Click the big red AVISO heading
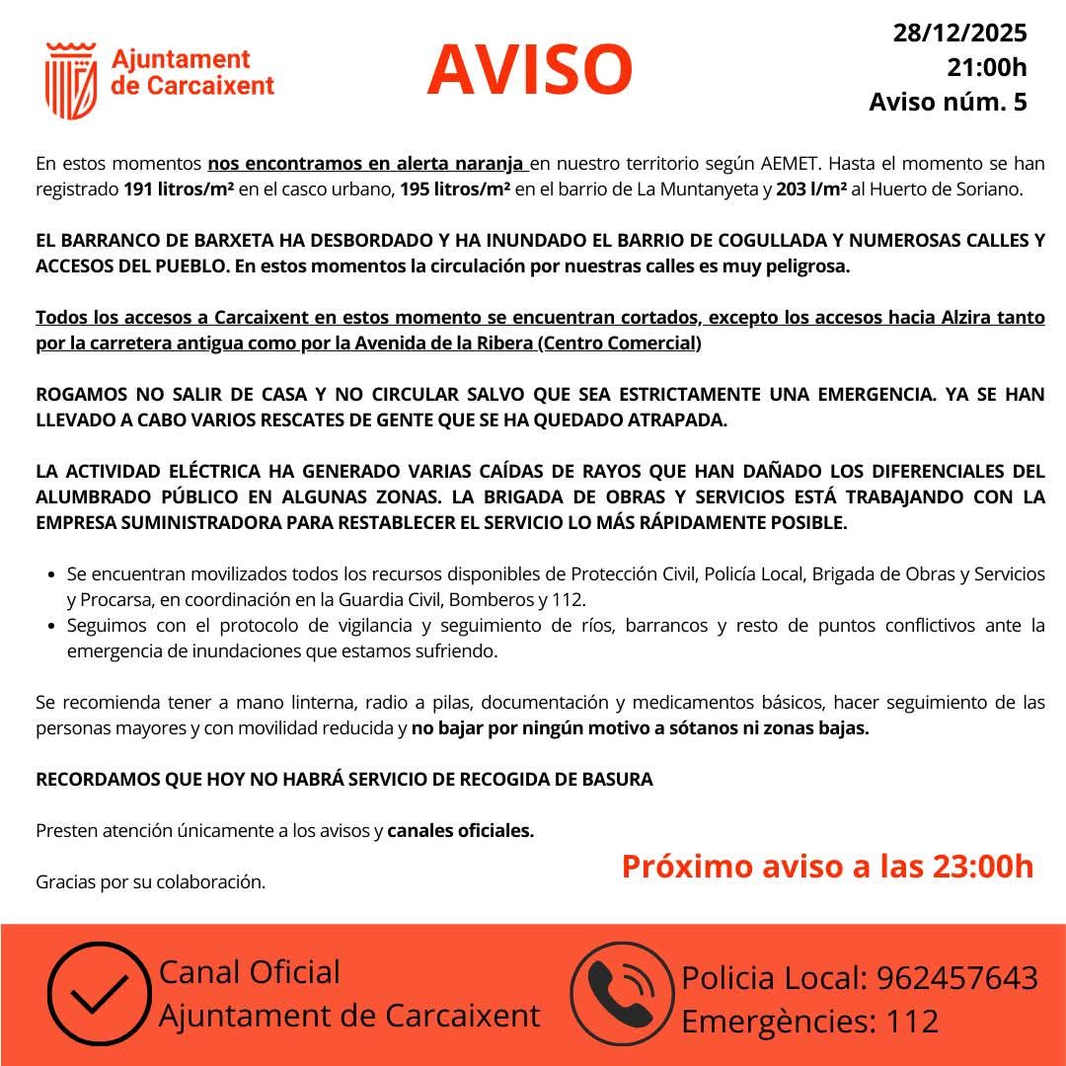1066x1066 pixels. point(530,69)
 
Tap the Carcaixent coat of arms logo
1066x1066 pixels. point(71,80)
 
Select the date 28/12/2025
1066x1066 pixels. point(959,34)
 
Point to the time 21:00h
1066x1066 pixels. point(986,67)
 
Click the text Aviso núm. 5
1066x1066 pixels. point(948,102)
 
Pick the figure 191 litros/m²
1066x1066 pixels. point(179,190)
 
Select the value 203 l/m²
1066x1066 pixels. point(811,190)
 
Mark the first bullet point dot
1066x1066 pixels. point(50,573)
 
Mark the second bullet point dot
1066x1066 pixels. point(50,626)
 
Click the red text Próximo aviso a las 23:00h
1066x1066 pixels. point(827,867)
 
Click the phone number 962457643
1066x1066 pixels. point(957,978)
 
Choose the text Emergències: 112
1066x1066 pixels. point(809,1022)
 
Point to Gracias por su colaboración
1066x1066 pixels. point(150,881)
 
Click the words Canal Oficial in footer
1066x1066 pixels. point(249,972)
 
